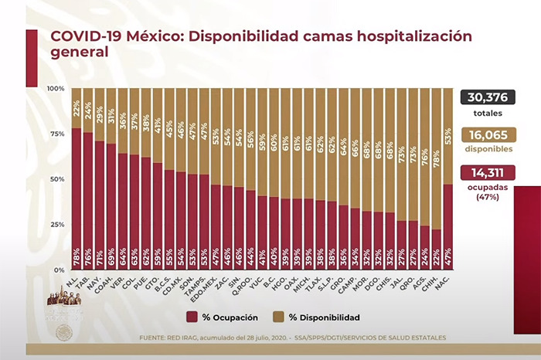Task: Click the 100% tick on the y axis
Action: [57, 89]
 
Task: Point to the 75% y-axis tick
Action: [59, 134]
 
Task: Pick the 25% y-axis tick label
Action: [59, 224]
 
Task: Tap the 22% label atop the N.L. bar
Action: [77, 108]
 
